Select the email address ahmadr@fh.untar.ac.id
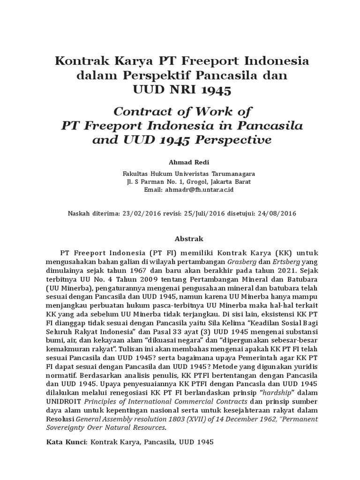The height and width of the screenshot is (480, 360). pos(199,190)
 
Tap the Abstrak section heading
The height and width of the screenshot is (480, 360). pos(180,239)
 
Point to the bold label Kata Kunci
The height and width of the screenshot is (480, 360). pos(67,442)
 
